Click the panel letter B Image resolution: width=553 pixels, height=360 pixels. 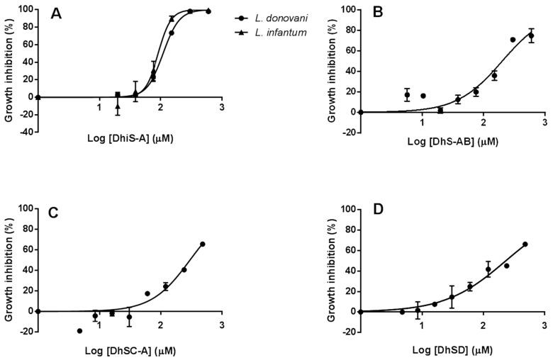[x=377, y=13]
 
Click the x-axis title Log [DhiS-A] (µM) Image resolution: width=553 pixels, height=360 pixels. [x=130, y=138]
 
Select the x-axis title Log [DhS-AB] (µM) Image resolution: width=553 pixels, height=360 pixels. [x=452, y=141]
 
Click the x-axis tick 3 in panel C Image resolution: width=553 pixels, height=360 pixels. [x=222, y=325]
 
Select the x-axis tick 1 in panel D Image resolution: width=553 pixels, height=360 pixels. [x=422, y=325]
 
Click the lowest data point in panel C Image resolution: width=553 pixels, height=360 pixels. [x=79, y=331]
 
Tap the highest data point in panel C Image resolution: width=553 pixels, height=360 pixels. [x=202, y=244]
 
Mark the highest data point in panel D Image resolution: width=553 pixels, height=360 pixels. [x=525, y=244]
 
